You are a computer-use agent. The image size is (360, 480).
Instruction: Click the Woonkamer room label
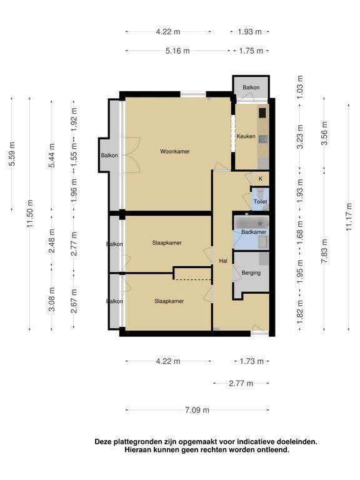coord(175,151)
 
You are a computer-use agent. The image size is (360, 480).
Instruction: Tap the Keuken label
coord(246,136)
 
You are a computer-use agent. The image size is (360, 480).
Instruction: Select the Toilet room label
coord(260,202)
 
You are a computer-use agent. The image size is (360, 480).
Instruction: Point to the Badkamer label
coord(254,232)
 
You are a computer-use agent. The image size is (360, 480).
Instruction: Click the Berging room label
coord(251,272)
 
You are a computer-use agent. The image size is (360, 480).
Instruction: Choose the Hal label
coord(223,261)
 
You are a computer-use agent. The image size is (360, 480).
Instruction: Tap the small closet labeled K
coord(261,179)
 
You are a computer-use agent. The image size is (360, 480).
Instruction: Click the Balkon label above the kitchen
coord(251,87)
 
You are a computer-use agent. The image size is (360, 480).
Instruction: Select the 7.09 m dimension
coord(197,410)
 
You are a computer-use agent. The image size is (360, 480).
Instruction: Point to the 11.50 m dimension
coord(30,214)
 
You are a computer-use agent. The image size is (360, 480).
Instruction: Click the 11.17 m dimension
coord(349,217)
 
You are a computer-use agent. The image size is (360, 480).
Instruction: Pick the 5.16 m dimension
coord(177,51)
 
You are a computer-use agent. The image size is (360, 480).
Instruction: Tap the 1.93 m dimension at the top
coord(250,31)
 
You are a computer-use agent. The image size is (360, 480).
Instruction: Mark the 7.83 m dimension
coord(324,251)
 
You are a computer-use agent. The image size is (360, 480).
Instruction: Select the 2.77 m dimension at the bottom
coord(241,383)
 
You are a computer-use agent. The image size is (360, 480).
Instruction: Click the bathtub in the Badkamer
coord(251,222)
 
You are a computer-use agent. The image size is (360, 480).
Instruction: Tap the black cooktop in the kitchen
coord(262,112)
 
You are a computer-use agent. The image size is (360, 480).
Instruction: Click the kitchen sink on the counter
coord(263,139)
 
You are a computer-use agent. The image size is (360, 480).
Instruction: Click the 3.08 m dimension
coord(52,299)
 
